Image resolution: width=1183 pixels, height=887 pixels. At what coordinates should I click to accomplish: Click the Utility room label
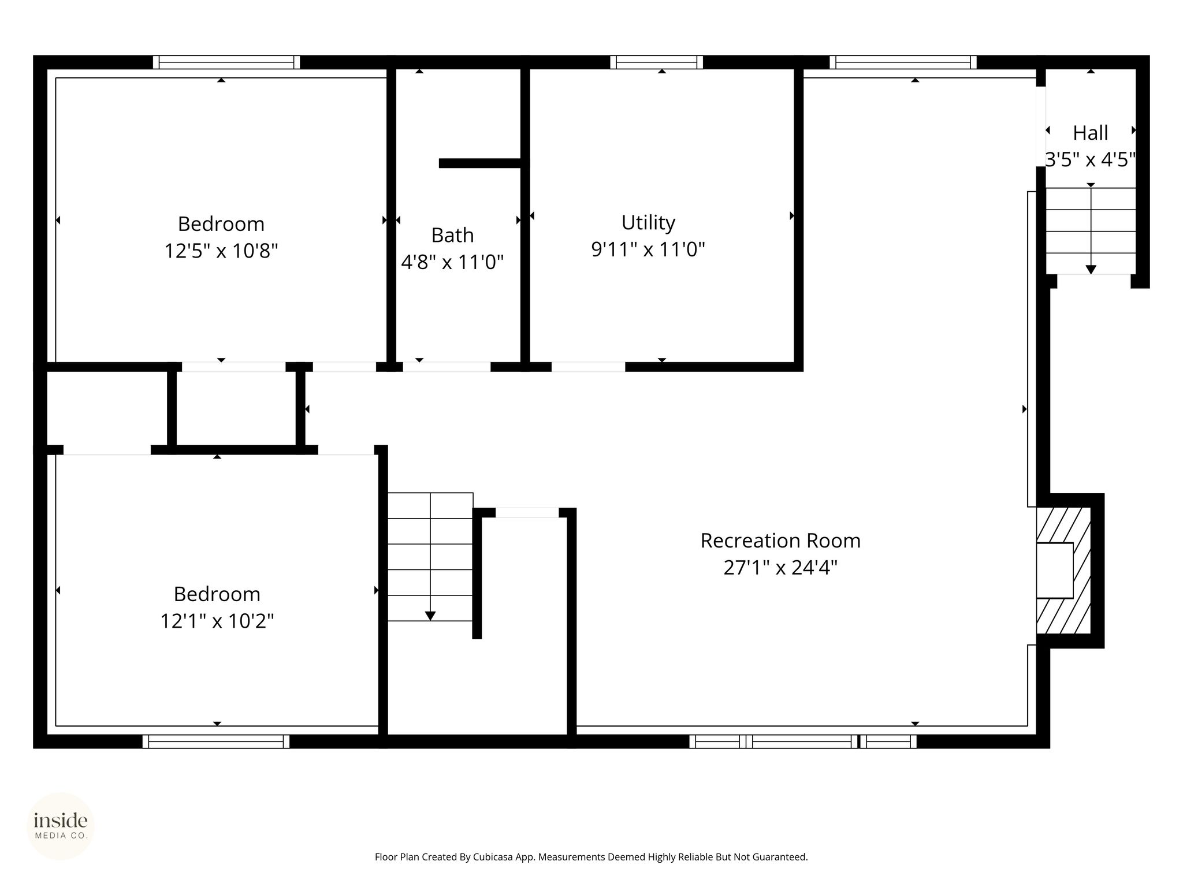648,222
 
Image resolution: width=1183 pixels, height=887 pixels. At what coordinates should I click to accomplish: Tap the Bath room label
452,235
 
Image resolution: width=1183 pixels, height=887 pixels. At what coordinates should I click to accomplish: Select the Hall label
1090,133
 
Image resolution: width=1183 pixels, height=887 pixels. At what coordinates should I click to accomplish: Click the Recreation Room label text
780,541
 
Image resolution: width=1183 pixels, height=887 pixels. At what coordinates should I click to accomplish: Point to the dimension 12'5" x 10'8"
221,251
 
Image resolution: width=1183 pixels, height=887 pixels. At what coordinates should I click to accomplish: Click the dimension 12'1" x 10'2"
217,621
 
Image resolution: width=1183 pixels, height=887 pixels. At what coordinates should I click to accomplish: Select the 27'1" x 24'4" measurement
780,568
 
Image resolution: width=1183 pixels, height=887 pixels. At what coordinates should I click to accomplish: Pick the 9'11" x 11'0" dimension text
648,249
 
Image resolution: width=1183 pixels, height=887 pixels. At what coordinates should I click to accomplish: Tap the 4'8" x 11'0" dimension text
452,262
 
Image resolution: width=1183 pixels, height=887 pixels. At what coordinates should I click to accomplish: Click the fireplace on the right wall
1064,571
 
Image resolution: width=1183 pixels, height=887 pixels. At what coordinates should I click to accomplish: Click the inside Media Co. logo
61,826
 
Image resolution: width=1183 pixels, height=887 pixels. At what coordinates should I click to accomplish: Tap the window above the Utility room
657,62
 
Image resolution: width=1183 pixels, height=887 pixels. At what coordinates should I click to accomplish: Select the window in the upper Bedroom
226,62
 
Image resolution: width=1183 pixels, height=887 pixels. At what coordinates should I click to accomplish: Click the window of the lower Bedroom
216,741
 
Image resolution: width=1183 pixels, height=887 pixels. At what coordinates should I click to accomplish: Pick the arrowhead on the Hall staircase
1091,269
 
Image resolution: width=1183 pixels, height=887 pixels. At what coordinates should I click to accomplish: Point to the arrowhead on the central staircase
430,616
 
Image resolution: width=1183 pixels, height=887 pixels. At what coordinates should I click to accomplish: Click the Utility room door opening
588,367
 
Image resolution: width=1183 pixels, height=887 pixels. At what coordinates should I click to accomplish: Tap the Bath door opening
447,367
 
